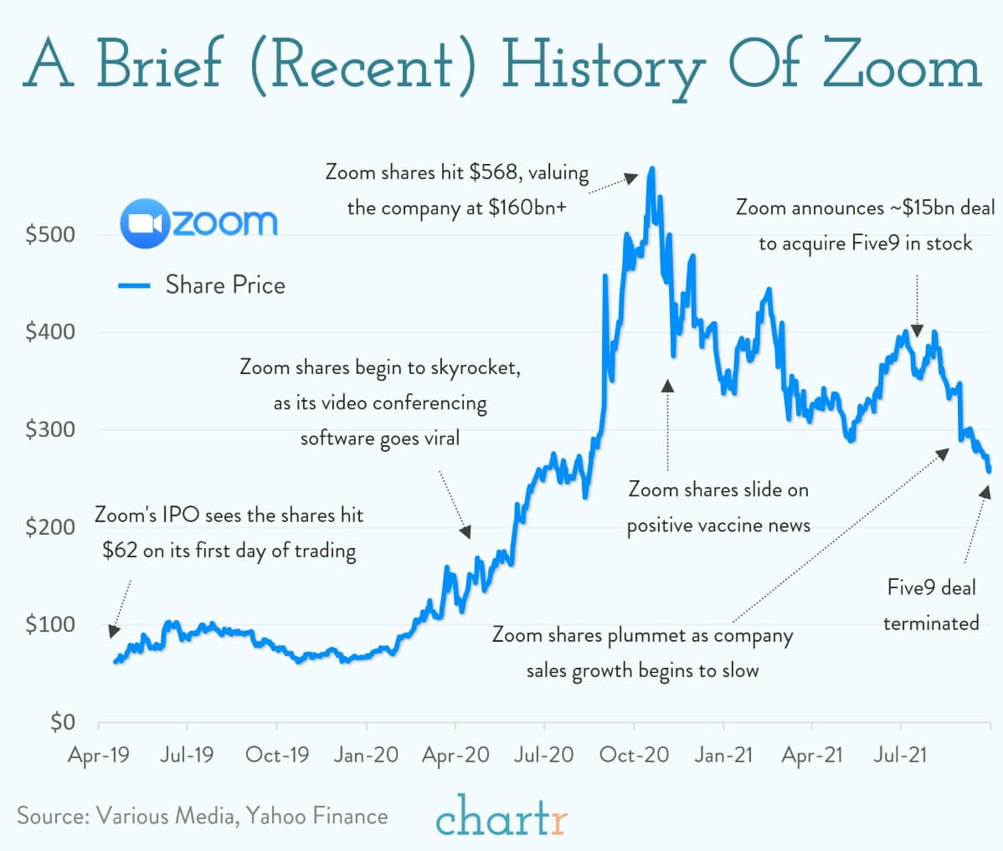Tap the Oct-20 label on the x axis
(634, 755)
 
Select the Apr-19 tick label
(99, 755)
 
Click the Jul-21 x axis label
(900, 755)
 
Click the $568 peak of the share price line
(652, 168)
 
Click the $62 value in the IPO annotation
(120, 551)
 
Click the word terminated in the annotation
(930, 623)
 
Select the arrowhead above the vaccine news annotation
(667, 386)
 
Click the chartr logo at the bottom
(501, 817)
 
